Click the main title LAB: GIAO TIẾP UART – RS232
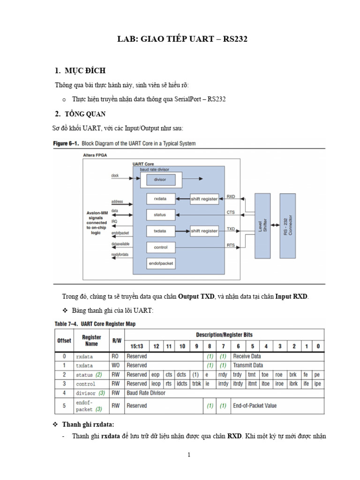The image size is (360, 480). [182, 39]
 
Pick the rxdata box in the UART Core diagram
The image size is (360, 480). [160, 199]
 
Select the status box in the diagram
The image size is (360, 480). [160, 215]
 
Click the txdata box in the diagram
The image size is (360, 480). [160, 231]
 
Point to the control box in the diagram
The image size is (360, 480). [160, 247]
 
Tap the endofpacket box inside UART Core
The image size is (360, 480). [160, 263]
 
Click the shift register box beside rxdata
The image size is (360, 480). [204, 199]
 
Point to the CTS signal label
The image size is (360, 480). [231, 212]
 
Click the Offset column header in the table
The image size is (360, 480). [64, 341]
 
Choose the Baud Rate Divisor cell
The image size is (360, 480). [146, 393]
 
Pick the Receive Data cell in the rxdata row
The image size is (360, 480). [248, 356]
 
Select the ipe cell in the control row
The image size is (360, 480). [318, 383]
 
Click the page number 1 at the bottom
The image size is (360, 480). [188, 455]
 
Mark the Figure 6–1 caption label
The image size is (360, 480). [66, 143]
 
